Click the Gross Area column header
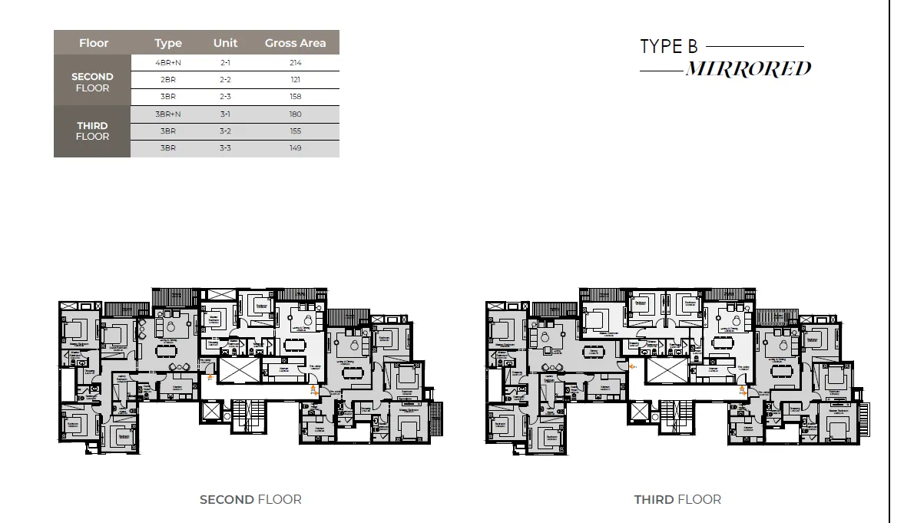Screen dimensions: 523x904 (295, 43)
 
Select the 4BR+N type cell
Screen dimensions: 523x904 (167, 62)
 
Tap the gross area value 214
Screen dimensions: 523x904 (295, 62)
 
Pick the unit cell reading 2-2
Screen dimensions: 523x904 (225, 80)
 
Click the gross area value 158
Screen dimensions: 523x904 (295, 97)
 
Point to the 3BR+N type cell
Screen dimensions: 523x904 (167, 114)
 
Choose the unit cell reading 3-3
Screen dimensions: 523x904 (225, 147)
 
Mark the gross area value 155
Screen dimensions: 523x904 (295, 131)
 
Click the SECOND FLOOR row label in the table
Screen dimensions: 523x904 (92, 82)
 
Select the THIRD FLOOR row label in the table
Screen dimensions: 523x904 (92, 131)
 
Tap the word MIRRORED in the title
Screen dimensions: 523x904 (747, 69)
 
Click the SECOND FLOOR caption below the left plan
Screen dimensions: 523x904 (250, 499)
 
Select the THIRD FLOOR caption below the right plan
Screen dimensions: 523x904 (677, 499)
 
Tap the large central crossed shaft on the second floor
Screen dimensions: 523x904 (237, 370)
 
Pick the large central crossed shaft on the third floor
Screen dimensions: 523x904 (664, 370)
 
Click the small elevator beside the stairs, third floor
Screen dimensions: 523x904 (639, 412)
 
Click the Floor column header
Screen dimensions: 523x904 (94, 43)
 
